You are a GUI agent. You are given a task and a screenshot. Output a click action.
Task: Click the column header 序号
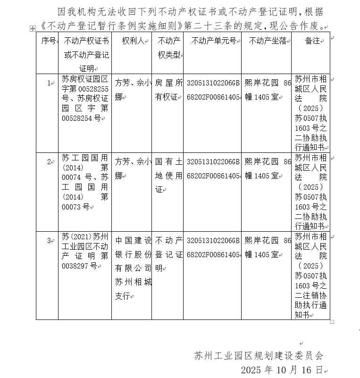[x=48, y=41]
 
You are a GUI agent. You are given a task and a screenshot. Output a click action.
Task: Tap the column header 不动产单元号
[x=213, y=41]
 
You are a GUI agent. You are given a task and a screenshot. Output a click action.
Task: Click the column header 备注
[x=312, y=41]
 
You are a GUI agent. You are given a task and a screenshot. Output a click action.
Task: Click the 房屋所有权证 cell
[x=167, y=90]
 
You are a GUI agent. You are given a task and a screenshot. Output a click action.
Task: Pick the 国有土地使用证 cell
[x=167, y=176]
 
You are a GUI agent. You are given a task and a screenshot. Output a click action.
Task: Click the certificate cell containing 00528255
[x=85, y=98]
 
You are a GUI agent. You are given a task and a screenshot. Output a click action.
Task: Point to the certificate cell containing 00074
[x=85, y=182]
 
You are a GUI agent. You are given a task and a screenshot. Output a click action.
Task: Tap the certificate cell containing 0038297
[x=85, y=251]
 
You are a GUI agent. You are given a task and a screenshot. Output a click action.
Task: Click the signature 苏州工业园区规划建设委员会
[x=259, y=355]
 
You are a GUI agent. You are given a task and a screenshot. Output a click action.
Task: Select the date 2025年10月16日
[x=282, y=369]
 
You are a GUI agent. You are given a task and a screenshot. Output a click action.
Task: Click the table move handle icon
[x=33, y=29]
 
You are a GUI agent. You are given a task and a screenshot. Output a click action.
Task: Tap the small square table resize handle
[x=332, y=322]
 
